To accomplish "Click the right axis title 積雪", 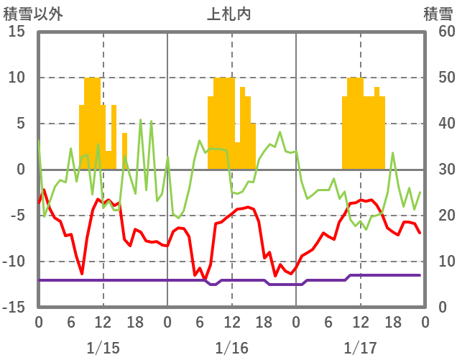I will [x=437, y=12].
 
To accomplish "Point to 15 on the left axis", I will [x=17, y=32].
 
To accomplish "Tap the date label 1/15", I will [x=103, y=349].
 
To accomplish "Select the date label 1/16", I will [x=231, y=349].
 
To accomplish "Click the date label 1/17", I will [x=360, y=349].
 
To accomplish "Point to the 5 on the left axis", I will [x=21, y=124].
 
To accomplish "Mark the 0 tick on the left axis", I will [x=21, y=170].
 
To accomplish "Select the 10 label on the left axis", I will [x=17, y=78].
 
